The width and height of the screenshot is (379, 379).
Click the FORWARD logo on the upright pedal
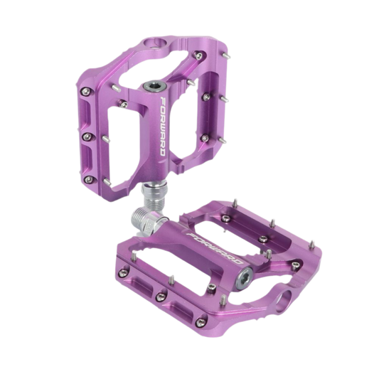click(x=163, y=126)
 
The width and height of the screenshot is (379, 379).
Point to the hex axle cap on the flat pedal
click(x=244, y=279)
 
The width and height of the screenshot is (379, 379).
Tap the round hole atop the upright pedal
click(x=154, y=43)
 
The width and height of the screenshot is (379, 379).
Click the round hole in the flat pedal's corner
click(x=284, y=301)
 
